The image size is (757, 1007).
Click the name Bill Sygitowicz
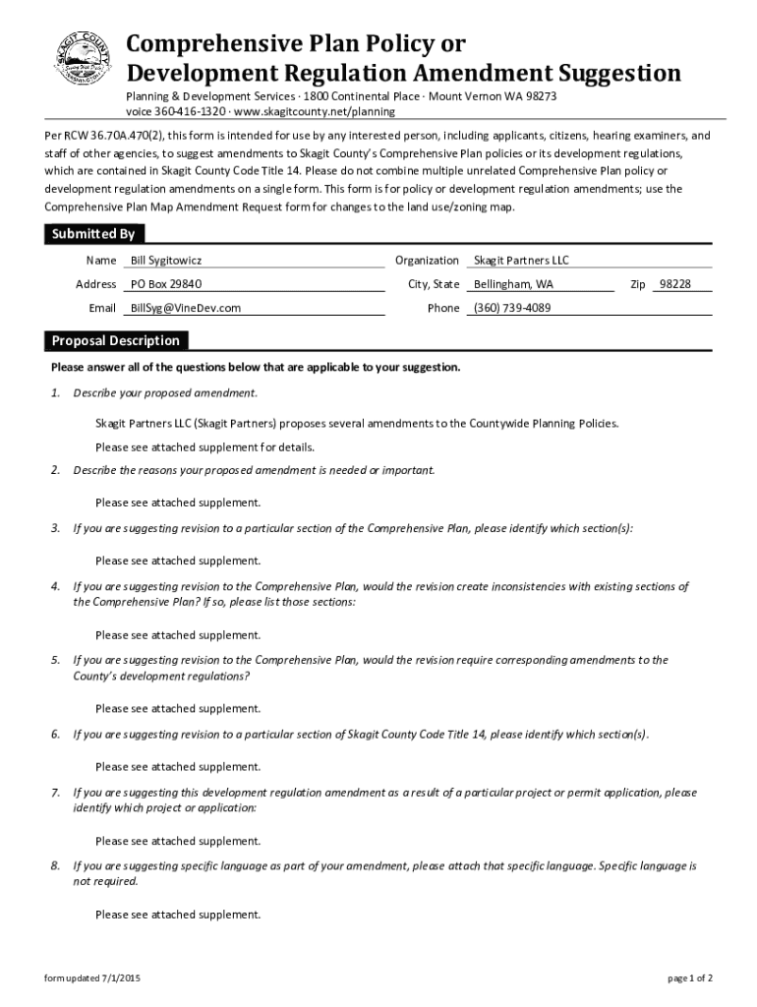tap(166, 261)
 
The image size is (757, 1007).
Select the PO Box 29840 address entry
tap(166, 284)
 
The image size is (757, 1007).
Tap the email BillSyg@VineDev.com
tap(186, 308)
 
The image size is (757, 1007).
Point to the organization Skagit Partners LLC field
tap(521, 261)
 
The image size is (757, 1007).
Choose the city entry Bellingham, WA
tap(513, 284)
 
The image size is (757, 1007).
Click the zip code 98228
tap(674, 284)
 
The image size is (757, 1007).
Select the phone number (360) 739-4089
tap(512, 308)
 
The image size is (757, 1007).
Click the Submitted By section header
tap(93, 234)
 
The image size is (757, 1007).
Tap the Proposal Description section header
tap(115, 341)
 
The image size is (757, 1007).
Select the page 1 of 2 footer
tap(690, 977)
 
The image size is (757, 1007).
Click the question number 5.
tap(56, 660)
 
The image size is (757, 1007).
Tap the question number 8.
tap(56, 866)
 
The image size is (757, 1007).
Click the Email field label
tap(102, 308)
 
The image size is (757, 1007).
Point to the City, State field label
tap(434, 284)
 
